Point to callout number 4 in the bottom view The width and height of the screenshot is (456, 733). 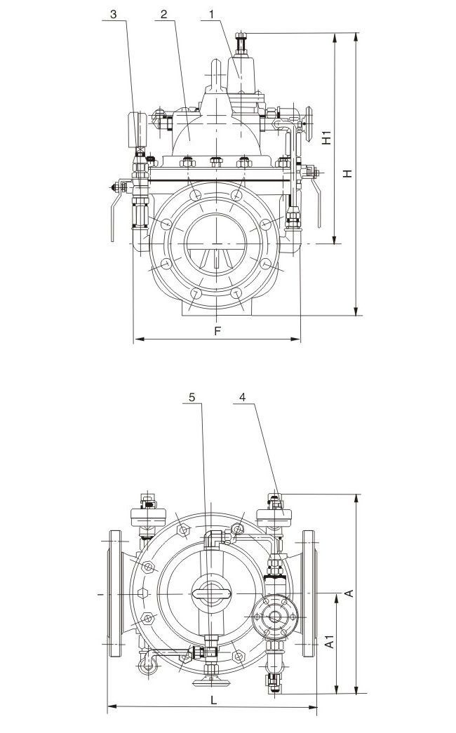(242, 397)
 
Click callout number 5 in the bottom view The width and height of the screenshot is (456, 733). (193, 397)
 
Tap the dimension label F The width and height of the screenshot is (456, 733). (217, 330)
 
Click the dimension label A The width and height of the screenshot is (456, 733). (349, 593)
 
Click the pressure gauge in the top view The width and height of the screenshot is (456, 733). (138, 126)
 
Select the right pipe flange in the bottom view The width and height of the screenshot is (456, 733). (309, 593)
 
